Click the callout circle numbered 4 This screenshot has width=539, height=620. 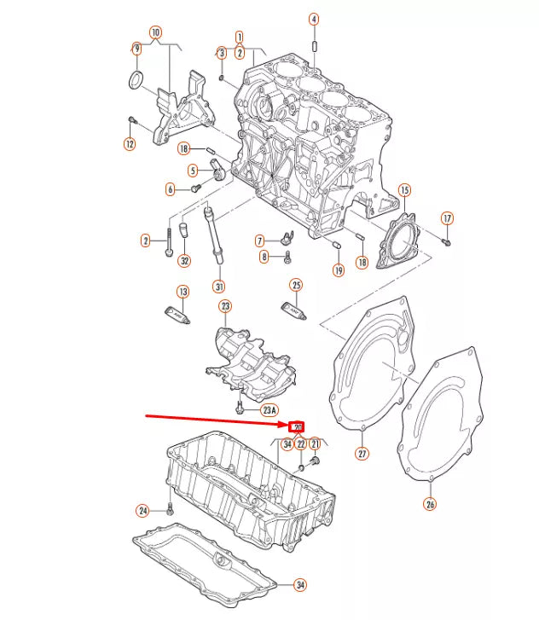313,19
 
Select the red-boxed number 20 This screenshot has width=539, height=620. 298,426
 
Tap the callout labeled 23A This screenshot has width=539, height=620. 269,410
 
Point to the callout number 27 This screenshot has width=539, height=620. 362,454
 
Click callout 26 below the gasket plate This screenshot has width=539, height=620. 430,503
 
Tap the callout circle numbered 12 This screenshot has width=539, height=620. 130,144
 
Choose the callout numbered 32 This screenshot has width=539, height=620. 184,261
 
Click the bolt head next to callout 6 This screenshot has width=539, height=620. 195,188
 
